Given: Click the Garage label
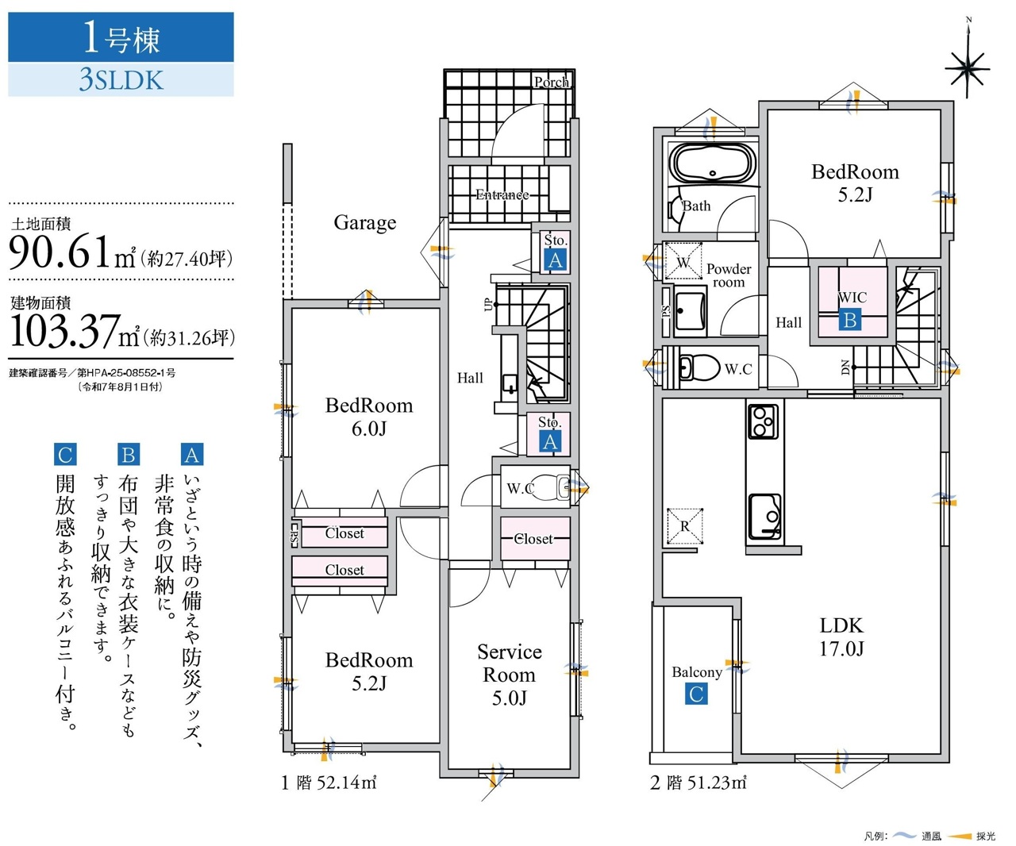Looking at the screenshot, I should coord(364,223).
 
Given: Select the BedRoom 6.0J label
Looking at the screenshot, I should coord(369,417).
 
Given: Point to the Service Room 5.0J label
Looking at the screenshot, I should coord(510,675).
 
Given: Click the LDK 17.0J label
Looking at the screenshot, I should coord(841,636).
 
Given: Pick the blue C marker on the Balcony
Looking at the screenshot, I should coord(696,694).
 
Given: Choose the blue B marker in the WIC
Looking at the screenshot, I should coord(850,320).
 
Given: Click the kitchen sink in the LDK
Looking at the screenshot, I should coord(764,516).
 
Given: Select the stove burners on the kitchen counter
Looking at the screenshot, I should coord(764,421).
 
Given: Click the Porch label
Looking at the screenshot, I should coord(551,82).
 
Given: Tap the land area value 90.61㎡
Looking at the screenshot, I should coord(71,252).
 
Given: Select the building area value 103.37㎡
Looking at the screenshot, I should coord(75,331).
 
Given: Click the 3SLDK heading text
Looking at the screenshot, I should coord(121,79).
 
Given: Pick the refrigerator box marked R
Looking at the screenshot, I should coord(684,525).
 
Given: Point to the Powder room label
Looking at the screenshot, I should coord(729,275).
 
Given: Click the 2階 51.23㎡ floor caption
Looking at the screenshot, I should coord(698,783).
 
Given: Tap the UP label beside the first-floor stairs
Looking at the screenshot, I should coord(488,305).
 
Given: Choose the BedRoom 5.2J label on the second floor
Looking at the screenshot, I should coord(855,183).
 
